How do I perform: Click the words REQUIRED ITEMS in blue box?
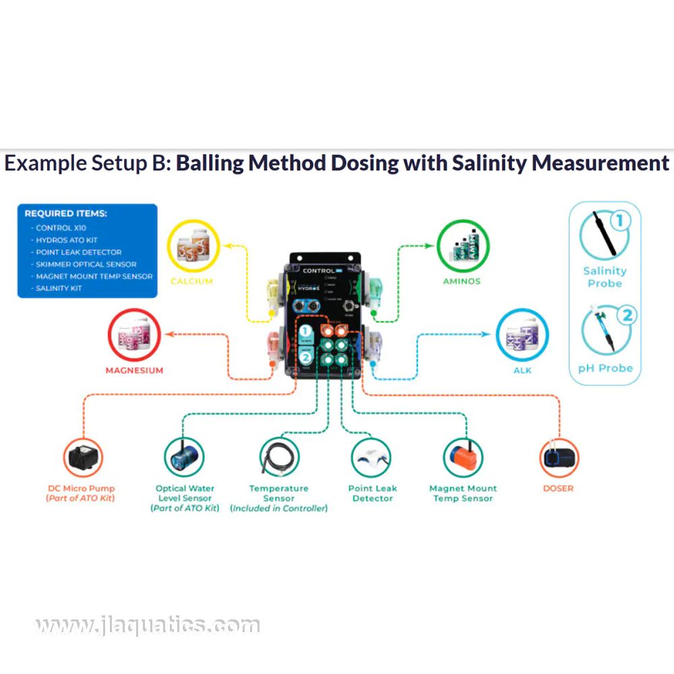(x=66, y=214)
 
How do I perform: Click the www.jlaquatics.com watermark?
(x=147, y=625)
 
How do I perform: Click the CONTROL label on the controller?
(x=319, y=270)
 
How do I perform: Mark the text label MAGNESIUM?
(x=134, y=370)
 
